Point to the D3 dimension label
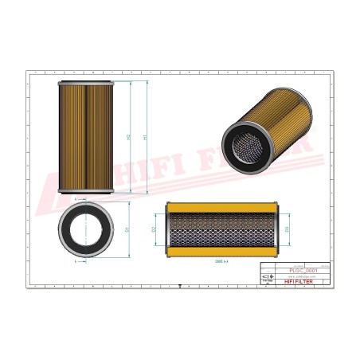pyautogui.click(x=287, y=230)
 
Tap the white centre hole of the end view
pyautogui.click(x=87, y=229)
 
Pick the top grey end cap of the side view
pyautogui.click(x=87, y=84)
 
